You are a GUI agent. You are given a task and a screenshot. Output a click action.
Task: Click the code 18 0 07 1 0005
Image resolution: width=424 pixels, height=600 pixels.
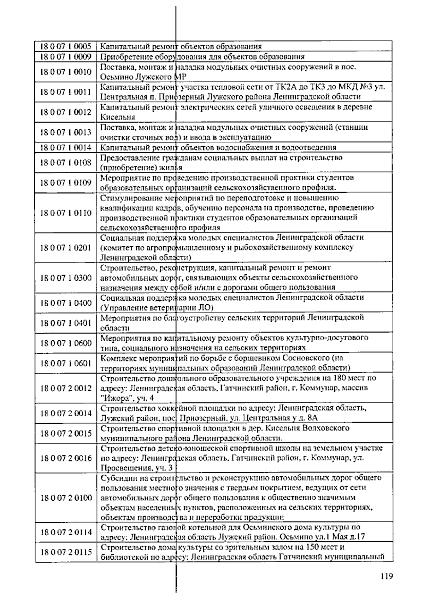66,46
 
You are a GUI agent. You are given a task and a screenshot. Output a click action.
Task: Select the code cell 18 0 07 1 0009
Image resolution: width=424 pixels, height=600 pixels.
66,57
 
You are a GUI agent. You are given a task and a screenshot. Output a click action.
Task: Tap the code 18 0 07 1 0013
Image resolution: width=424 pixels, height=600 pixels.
66,132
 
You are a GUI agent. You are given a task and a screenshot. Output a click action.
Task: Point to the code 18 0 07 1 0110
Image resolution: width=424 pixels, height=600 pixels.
66,213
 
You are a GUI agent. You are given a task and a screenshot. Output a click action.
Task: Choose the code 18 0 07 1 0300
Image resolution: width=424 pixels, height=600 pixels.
66,278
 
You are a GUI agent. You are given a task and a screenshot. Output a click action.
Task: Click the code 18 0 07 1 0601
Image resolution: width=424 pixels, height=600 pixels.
66,363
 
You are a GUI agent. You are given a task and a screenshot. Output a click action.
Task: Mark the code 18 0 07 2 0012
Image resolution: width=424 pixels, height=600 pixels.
66,388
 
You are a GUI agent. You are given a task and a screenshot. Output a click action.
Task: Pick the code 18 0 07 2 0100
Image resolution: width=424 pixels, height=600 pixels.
66,498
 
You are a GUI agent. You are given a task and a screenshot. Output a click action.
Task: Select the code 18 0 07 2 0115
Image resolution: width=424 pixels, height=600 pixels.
66,552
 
